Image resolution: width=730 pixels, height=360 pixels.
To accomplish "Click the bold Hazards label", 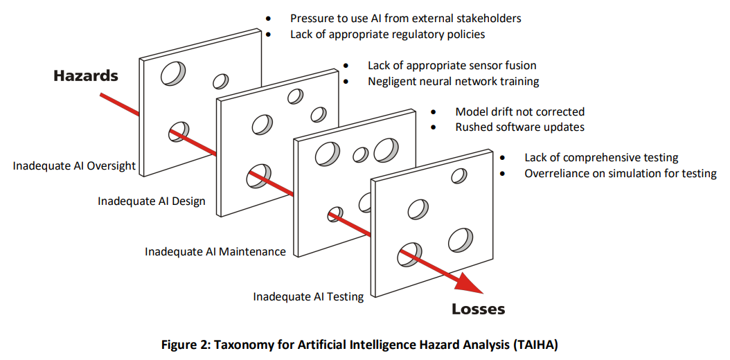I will (86, 76).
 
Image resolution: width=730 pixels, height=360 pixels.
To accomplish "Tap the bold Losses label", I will (479, 309).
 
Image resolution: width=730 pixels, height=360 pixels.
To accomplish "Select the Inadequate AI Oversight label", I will (74, 166).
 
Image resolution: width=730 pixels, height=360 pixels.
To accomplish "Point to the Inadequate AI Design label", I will (152, 201).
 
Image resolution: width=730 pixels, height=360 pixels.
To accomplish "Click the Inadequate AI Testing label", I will (308, 297).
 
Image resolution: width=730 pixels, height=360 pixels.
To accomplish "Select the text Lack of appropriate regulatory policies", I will (387, 34).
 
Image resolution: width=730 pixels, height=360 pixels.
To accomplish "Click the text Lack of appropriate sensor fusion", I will (452, 66).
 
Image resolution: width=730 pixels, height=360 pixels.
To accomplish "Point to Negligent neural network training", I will (453, 82).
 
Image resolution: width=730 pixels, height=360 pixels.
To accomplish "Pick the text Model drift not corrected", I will (519, 111).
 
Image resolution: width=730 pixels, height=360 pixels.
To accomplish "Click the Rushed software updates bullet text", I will (519, 127).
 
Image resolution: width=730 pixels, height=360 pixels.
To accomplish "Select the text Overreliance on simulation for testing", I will (620, 173).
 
